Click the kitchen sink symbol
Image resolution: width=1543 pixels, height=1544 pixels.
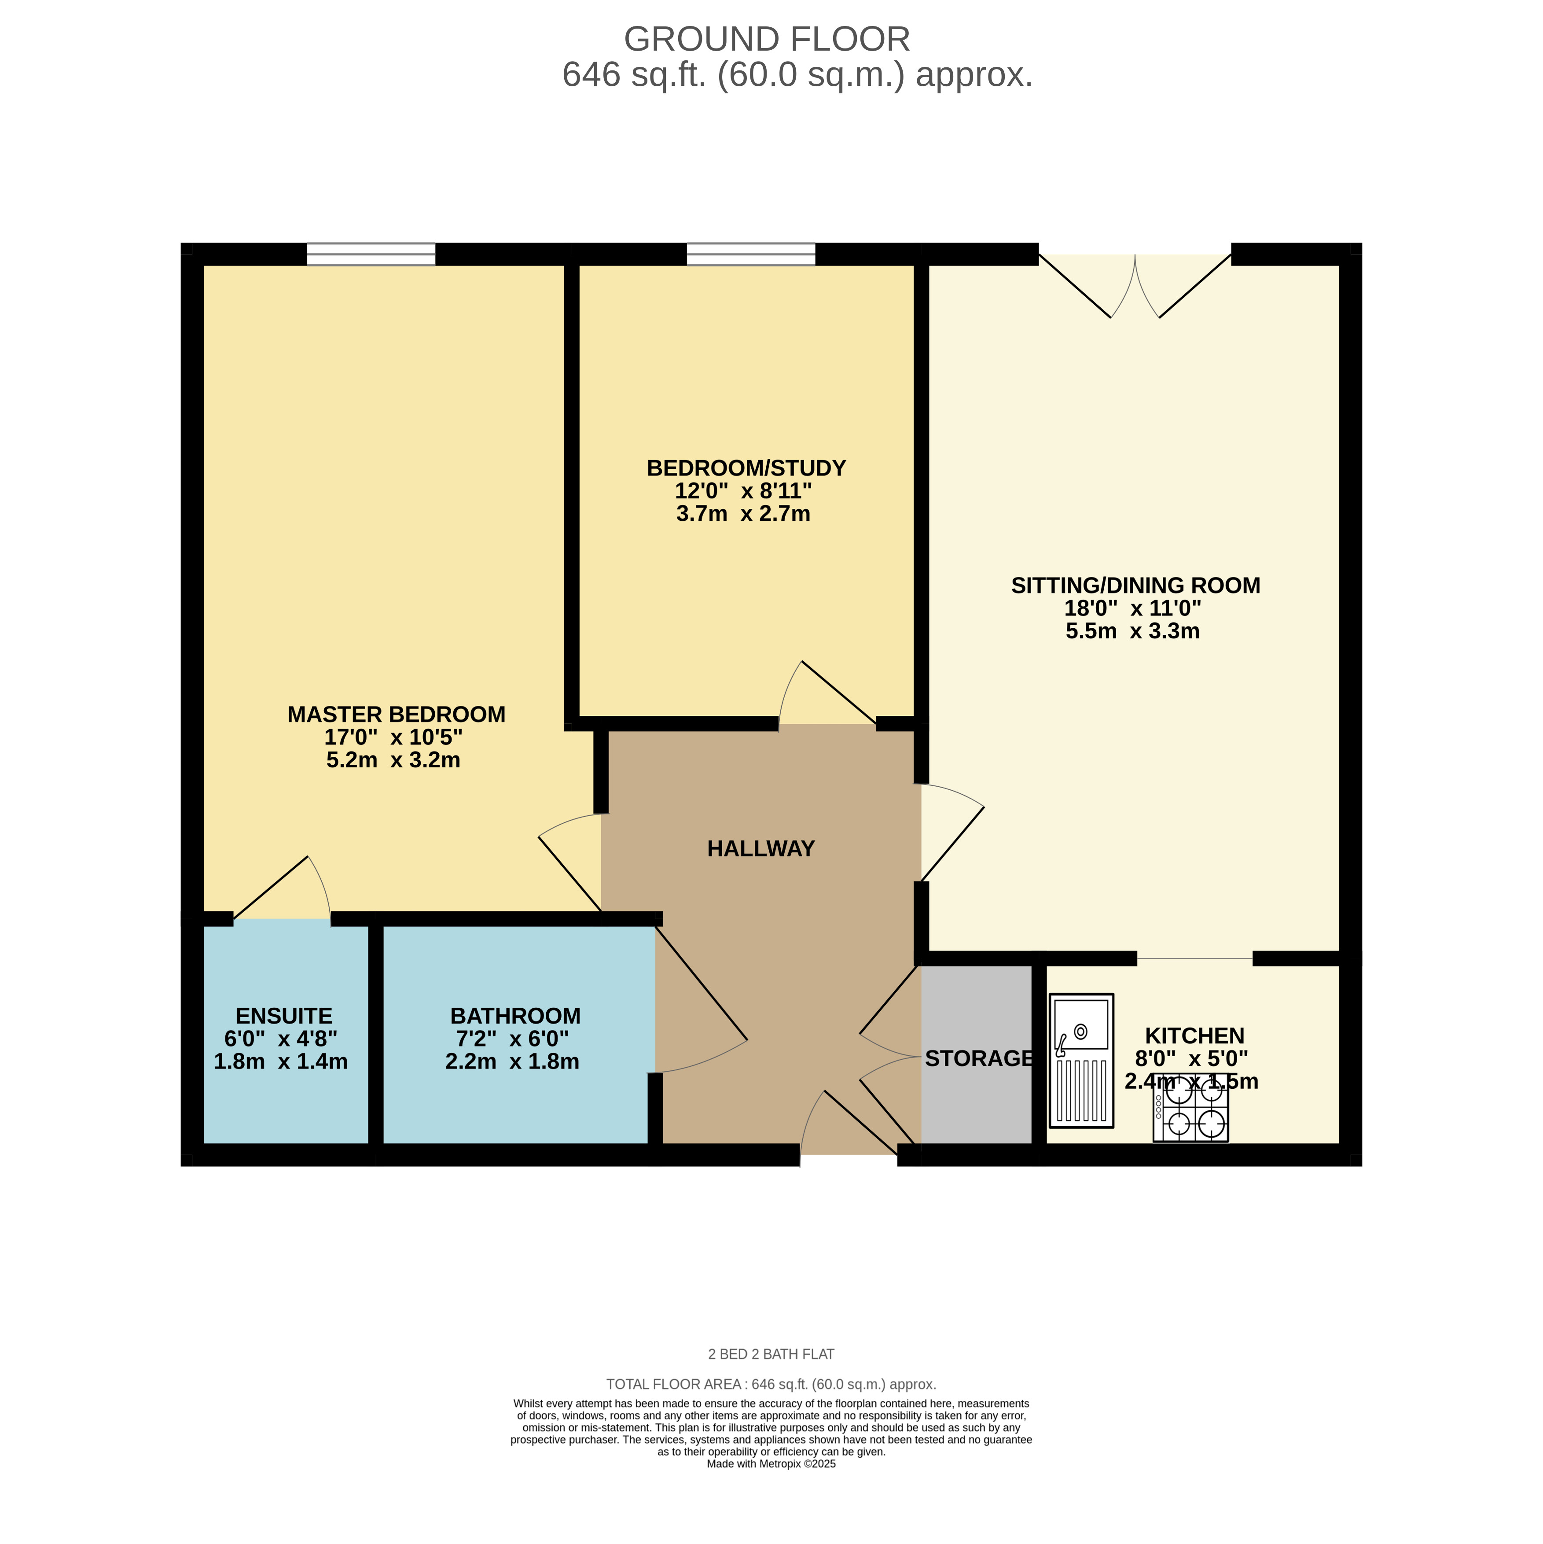[x=1081, y=1061]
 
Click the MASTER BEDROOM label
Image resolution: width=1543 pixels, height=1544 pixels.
[x=397, y=715]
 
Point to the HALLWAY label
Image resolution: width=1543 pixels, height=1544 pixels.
[x=760, y=849]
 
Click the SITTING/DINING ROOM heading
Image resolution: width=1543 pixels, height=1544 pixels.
[x=1135, y=586]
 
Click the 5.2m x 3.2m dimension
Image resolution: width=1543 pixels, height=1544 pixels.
[x=393, y=760]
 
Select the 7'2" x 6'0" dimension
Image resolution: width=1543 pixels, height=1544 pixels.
[x=512, y=1039]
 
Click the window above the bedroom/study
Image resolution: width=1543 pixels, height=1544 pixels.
[x=751, y=254]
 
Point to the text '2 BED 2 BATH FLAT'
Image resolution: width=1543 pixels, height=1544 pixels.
[x=771, y=1355]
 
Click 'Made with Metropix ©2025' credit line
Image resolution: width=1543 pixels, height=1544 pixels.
[x=771, y=1464]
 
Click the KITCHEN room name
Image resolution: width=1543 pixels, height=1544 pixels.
[x=1194, y=1036]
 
